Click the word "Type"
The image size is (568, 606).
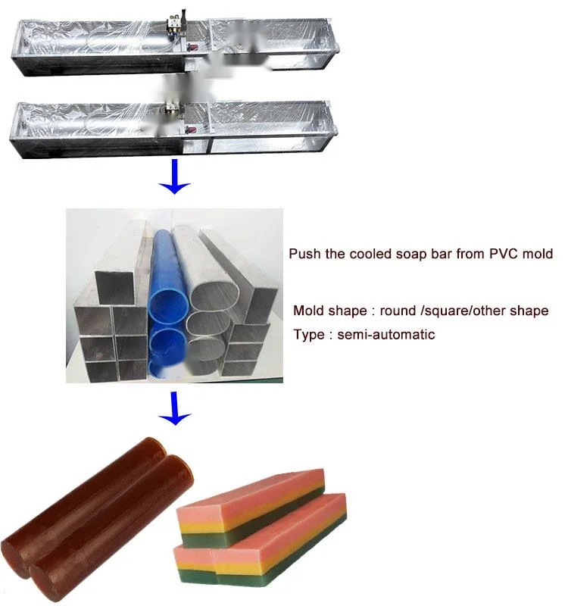[x=309, y=334]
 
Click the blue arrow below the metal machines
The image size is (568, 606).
[x=176, y=176]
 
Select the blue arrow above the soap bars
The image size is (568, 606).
[x=176, y=409]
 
